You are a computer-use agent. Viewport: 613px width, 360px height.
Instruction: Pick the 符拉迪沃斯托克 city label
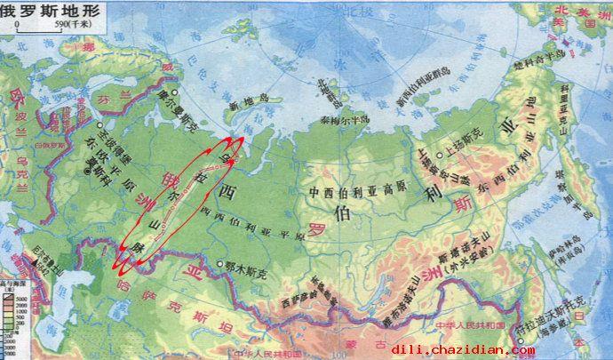(577, 328)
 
